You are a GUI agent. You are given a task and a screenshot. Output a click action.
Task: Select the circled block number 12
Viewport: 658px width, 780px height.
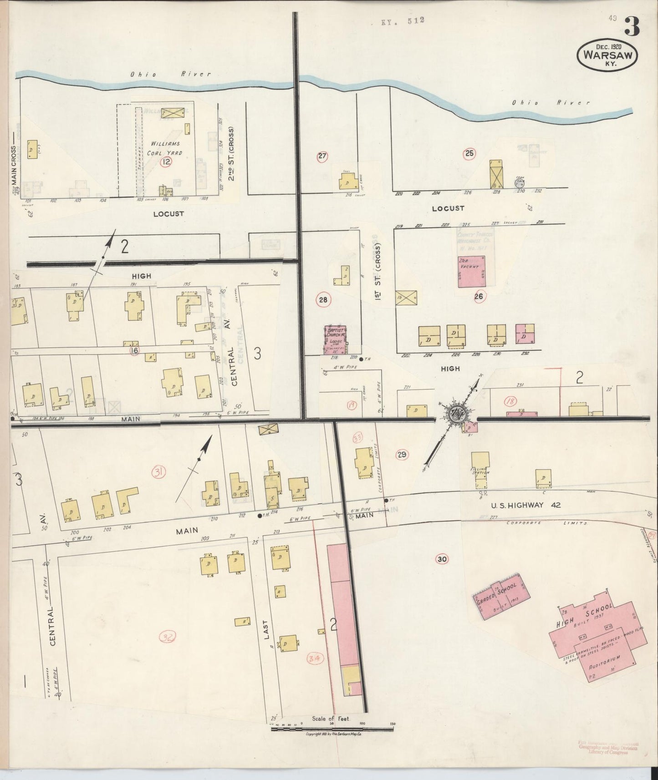[166, 162]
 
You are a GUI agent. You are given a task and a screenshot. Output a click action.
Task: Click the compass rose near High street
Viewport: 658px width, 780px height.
[455, 414]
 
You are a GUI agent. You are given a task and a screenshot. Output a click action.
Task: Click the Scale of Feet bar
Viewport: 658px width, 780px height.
[332, 728]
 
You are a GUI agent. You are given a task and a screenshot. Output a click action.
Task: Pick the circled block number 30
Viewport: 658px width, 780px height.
[441, 559]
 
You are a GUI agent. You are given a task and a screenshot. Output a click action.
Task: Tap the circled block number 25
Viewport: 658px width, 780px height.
[469, 153]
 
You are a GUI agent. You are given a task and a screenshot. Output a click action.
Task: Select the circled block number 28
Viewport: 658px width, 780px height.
[323, 300]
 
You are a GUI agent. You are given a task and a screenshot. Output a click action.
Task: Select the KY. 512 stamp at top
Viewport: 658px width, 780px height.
[403, 20]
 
